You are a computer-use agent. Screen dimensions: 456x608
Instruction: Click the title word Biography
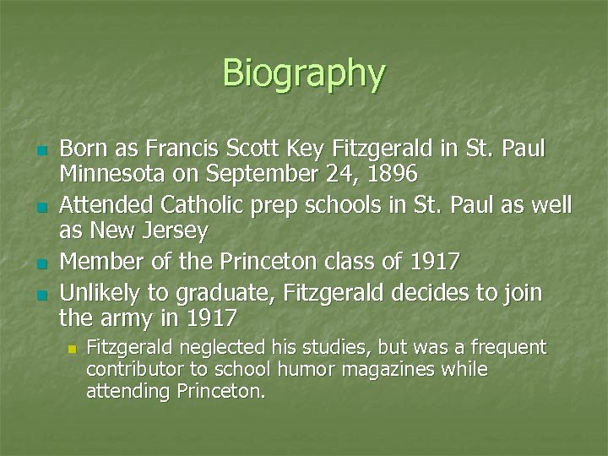304,74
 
